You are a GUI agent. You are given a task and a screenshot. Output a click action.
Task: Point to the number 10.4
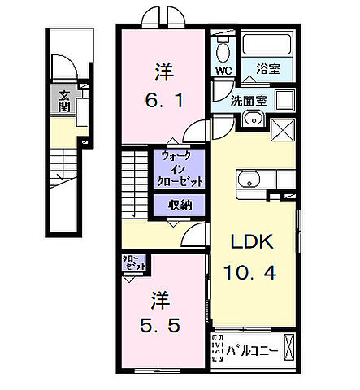coord(254,273)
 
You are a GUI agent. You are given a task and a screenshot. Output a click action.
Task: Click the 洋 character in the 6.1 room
coord(162,72)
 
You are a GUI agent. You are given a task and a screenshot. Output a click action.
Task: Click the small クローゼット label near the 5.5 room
coord(136,262)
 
